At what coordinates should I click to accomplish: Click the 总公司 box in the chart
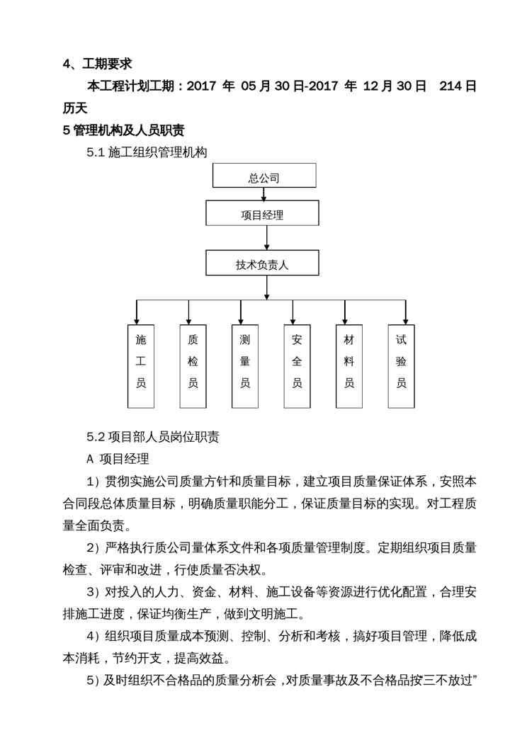tap(264, 176)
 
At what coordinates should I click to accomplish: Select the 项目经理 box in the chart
tap(262, 213)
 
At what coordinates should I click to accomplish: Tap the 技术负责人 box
tap(262, 263)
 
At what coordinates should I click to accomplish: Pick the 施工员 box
tap(140, 365)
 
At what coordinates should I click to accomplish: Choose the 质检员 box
tap(193, 365)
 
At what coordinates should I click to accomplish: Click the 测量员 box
tap(245, 365)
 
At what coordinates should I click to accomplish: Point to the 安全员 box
tap(297, 365)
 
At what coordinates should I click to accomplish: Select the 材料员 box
tap(348, 365)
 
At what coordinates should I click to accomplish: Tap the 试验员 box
tap(401, 365)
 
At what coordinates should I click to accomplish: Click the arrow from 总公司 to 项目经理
tap(264, 194)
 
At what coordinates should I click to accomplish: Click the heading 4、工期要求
tap(97, 64)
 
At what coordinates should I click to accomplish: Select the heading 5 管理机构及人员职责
tap(123, 130)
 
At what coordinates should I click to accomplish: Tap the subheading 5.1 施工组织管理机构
tap(146, 152)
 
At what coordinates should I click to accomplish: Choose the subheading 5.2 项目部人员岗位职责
tap(152, 437)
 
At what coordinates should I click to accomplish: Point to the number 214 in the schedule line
tap(450, 86)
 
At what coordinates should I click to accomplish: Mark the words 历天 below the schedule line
tap(74, 108)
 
